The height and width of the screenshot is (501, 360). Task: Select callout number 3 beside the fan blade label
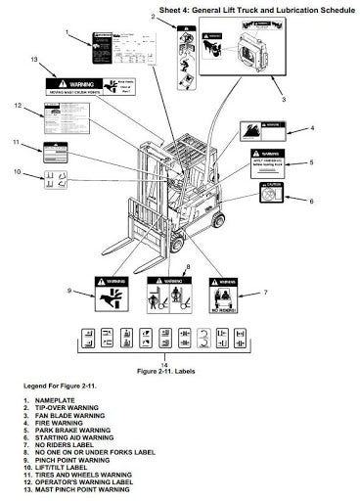point(284,99)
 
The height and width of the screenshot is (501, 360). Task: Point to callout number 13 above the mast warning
point(34,61)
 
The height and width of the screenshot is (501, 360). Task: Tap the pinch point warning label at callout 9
point(112,291)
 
